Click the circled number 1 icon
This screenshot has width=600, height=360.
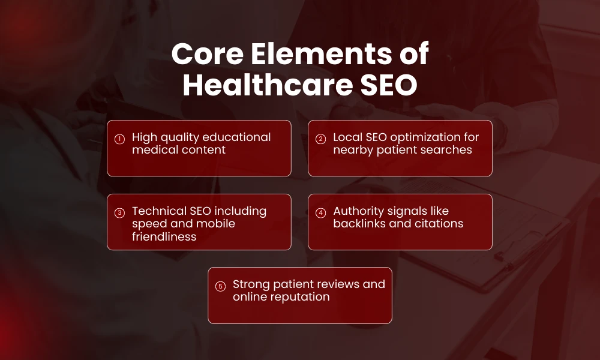[x=119, y=139]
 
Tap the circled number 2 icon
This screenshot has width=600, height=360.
[x=320, y=139]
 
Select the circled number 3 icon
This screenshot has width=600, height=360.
[x=119, y=213]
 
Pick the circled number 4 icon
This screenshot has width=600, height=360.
[x=320, y=213]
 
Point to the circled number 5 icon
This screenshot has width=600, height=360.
[x=220, y=286]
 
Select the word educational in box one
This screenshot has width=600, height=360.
[x=238, y=137]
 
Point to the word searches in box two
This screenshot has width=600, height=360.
[x=449, y=149]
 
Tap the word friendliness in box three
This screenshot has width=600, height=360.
[x=164, y=236]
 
